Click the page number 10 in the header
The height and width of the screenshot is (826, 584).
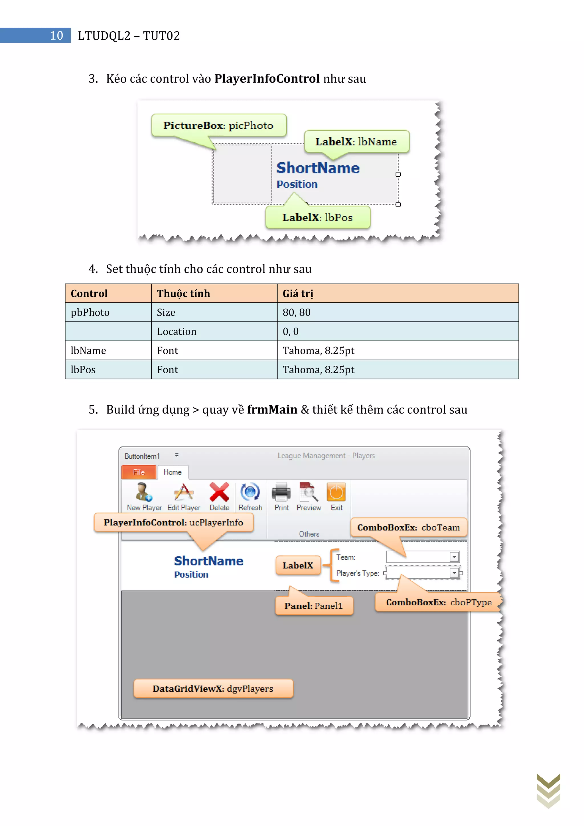tap(56, 36)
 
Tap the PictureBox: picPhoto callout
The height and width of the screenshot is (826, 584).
tap(218, 125)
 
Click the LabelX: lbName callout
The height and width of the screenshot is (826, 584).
tap(356, 142)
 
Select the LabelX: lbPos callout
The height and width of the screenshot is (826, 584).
tap(318, 217)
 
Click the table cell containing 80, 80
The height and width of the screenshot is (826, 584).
tap(397, 312)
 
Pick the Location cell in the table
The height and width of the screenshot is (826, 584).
tap(214, 331)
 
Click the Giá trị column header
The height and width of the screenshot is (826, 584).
tap(397, 293)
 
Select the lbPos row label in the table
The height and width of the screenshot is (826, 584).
tap(108, 369)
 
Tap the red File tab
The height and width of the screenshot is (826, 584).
tap(139, 472)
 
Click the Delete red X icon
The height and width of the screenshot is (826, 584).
tap(219, 492)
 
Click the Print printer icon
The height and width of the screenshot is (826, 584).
tap(281, 492)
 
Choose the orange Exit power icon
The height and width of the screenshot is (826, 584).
tap(336, 492)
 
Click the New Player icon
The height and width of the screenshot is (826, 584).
tap(144, 492)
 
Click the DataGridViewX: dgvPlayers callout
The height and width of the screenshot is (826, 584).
tap(213, 689)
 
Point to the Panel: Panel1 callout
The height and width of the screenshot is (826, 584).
tap(314, 606)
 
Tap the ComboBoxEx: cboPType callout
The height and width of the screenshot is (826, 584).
tap(438, 602)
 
